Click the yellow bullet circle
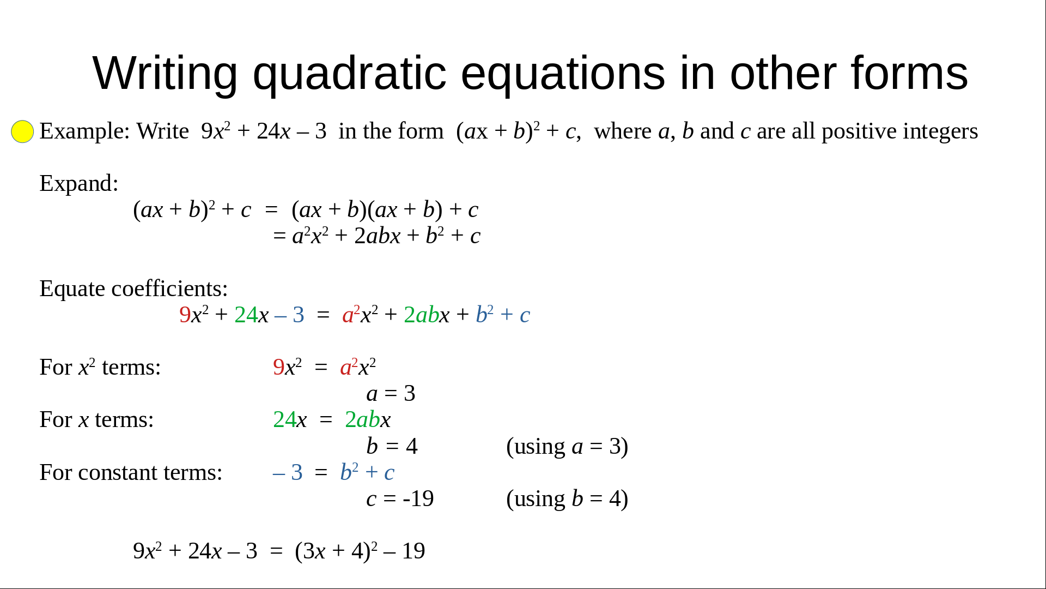coord(22,131)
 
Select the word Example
coord(84,132)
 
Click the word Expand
coord(78,184)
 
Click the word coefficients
coord(169,289)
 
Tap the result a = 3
coord(391,393)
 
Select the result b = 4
coord(392,446)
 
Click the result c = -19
coord(400,498)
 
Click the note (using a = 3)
coord(567,447)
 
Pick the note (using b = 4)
coord(567,499)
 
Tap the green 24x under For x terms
coord(290,419)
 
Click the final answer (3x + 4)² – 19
coord(360,551)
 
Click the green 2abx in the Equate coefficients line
coord(427,315)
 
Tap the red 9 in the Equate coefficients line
coord(185,315)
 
